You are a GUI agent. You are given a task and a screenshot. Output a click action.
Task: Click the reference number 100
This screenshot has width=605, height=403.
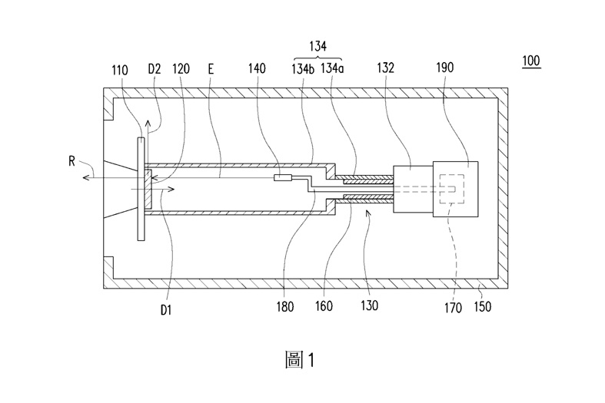(530, 60)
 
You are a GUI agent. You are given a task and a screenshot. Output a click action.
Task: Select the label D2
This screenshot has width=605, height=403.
(154, 68)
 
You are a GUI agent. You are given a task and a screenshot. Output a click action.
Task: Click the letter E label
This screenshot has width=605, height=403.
(211, 68)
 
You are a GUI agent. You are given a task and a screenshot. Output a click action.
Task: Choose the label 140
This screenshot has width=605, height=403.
(257, 68)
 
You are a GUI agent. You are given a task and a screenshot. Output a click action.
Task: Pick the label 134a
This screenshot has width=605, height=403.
(331, 68)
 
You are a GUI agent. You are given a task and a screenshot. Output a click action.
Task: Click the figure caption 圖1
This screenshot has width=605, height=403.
(300, 360)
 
